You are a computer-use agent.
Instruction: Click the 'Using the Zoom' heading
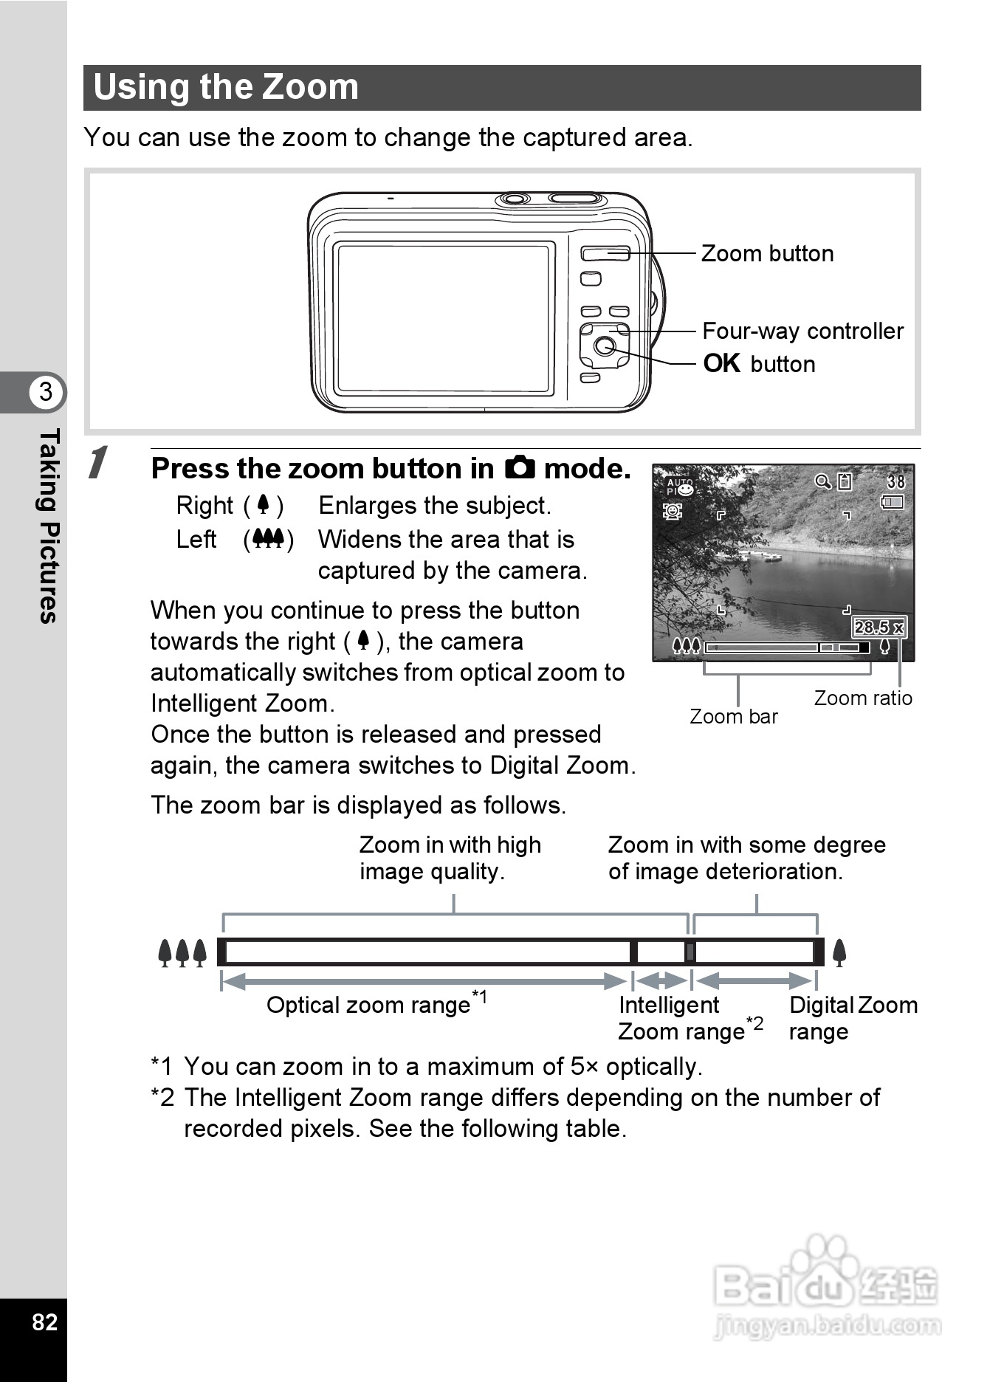pyautogui.click(x=226, y=87)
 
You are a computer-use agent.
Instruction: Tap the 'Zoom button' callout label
pyautogui.click(x=767, y=254)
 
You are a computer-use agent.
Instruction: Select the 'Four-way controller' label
pyautogui.click(x=802, y=331)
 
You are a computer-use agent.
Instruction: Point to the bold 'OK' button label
pyautogui.click(x=722, y=364)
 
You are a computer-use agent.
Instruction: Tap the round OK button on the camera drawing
pyautogui.click(x=605, y=345)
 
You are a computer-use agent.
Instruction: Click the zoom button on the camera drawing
pyautogui.click(x=605, y=254)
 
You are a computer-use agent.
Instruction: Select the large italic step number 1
pyautogui.click(x=98, y=464)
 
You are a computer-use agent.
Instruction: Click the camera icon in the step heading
pyautogui.click(x=520, y=468)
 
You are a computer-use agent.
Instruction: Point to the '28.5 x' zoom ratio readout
pyautogui.click(x=878, y=628)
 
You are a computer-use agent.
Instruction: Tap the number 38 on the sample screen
pyautogui.click(x=895, y=482)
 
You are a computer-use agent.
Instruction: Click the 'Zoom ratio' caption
pyautogui.click(x=863, y=698)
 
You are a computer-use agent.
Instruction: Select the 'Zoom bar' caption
pyautogui.click(x=733, y=717)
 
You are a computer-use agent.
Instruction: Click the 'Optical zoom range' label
pyautogui.click(x=368, y=1005)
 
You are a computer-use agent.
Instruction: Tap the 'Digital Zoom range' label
pyautogui.click(x=852, y=1018)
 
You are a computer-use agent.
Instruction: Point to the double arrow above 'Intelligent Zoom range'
pyautogui.click(x=661, y=981)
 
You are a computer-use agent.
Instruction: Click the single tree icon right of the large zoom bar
pyautogui.click(x=839, y=953)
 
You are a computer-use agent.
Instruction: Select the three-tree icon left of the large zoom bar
pyautogui.click(x=182, y=953)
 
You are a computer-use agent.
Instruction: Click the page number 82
pyautogui.click(x=44, y=1321)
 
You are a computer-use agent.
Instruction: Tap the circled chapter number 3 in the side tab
pyautogui.click(x=46, y=392)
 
